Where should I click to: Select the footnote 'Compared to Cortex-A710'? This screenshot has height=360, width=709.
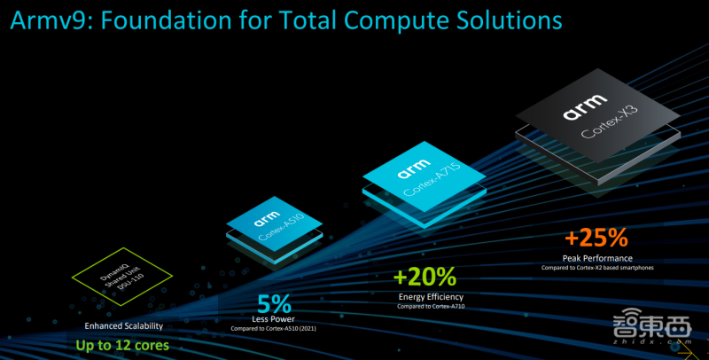point(432,307)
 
